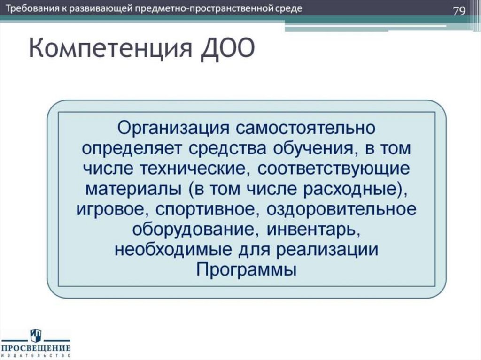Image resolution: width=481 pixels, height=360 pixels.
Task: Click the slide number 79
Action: pos(458,11)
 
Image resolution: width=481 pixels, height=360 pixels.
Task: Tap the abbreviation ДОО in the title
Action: pos(225,50)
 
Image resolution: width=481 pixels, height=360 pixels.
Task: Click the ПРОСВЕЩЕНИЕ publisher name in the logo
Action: pos(36,348)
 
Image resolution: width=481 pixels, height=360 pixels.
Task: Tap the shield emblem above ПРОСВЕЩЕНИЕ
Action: pos(36,334)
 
